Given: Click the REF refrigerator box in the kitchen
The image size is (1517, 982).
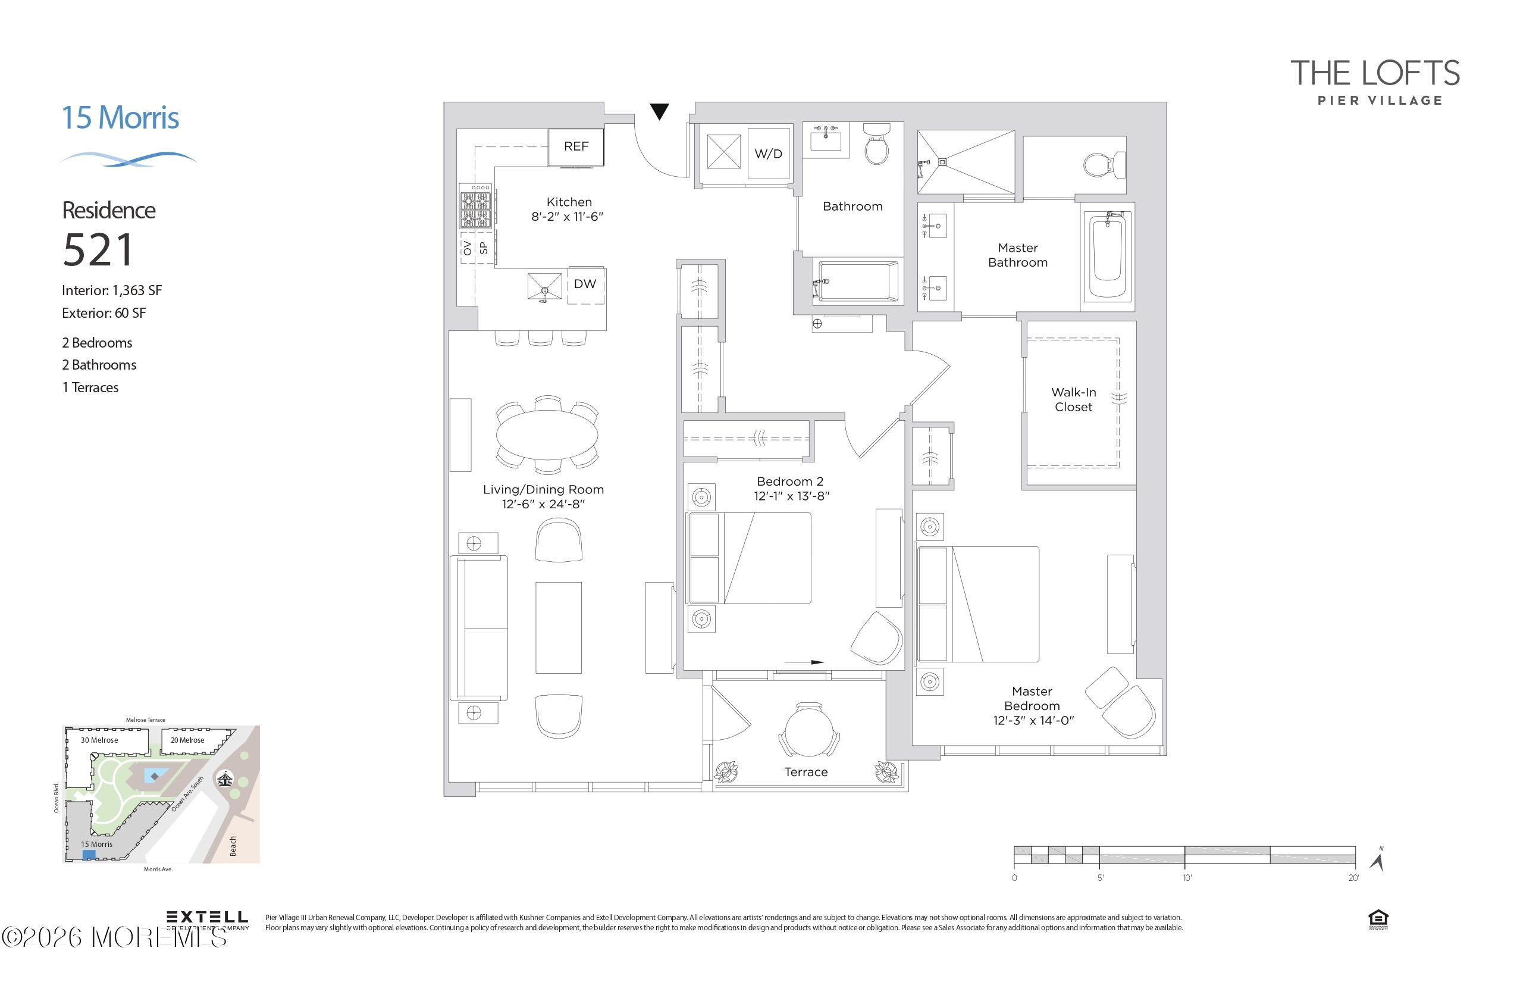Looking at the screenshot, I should pyautogui.click(x=576, y=146).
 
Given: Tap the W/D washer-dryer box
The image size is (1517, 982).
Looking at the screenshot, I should pyautogui.click(x=768, y=154).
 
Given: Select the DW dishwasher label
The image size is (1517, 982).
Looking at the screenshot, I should pyautogui.click(x=584, y=284).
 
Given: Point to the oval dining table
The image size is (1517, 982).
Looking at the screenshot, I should pyautogui.click(x=547, y=435).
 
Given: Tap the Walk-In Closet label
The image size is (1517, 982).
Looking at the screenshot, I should pyautogui.click(x=1073, y=400).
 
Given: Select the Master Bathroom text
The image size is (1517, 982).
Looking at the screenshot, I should pyautogui.click(x=1017, y=255).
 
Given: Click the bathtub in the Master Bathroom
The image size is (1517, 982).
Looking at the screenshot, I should pyautogui.click(x=1107, y=257).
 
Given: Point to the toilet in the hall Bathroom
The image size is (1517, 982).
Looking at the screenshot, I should pyautogui.click(x=876, y=145).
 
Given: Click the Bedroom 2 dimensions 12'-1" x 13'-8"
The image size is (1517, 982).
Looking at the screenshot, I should pyautogui.click(x=791, y=496).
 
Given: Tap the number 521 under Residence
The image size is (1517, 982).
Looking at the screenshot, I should pyautogui.click(x=99, y=250).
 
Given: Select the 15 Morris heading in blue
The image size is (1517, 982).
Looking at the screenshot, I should pyautogui.click(x=120, y=118).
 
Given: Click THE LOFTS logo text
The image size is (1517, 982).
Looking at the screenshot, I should pyautogui.click(x=1375, y=74).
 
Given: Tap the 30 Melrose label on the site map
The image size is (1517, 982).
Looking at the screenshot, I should pyautogui.click(x=99, y=740).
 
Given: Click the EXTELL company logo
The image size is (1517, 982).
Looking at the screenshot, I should pyautogui.click(x=206, y=918).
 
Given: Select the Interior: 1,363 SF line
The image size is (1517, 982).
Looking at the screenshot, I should pyautogui.click(x=112, y=291).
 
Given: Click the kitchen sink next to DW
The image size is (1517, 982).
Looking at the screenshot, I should pyautogui.click(x=544, y=286).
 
